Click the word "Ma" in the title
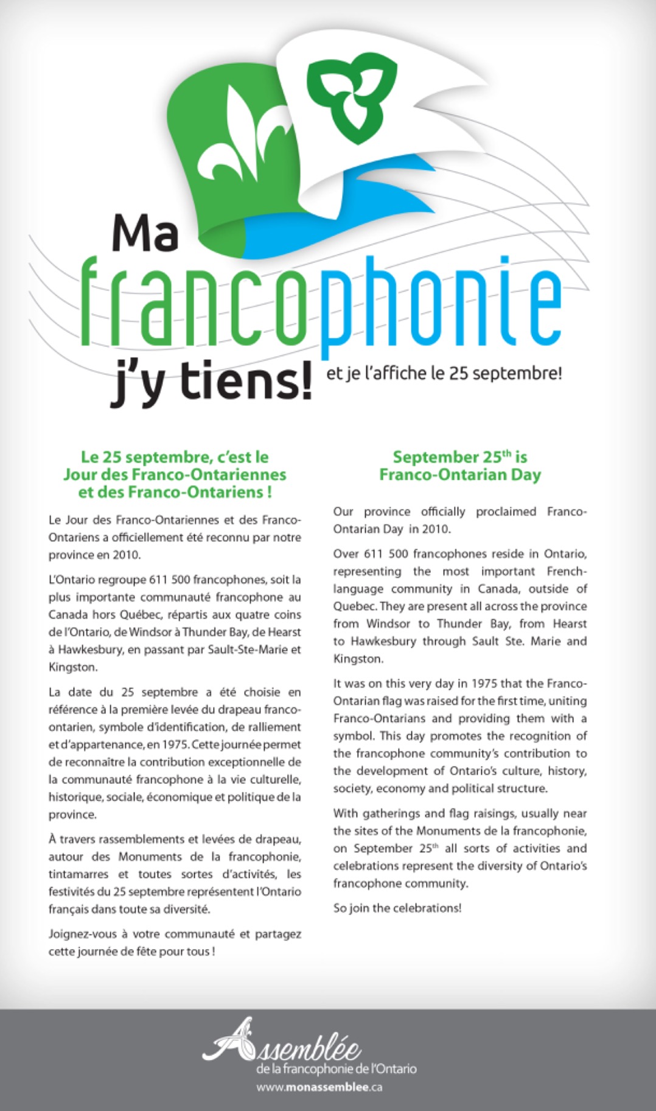(145, 234)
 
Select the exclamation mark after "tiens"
(302, 379)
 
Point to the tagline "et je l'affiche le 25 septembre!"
(444, 373)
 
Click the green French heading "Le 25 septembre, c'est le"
(175, 457)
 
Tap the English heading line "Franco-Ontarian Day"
(459, 475)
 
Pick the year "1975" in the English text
(484, 684)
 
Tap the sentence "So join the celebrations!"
(397, 908)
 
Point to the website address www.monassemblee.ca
(319, 1087)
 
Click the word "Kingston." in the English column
(358, 659)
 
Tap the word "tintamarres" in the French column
(78, 874)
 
